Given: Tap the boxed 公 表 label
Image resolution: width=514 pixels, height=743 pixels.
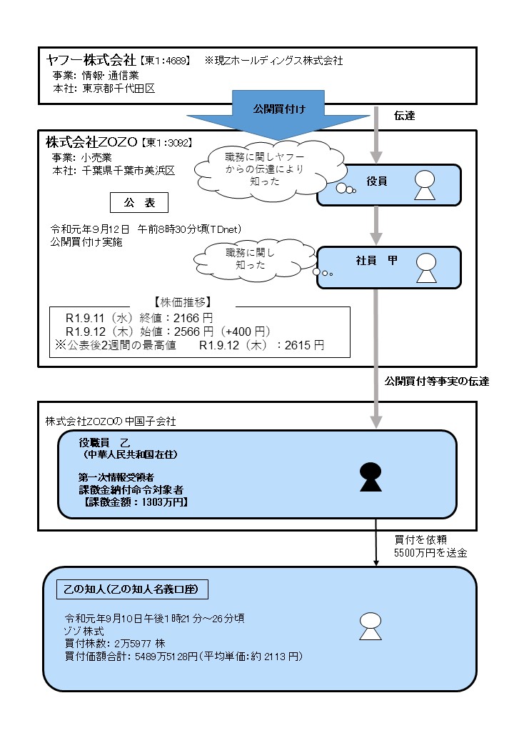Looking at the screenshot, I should (139, 203).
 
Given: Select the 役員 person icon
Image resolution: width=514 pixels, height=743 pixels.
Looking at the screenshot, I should (425, 186).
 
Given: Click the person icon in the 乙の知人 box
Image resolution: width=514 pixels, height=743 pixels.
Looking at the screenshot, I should (368, 627).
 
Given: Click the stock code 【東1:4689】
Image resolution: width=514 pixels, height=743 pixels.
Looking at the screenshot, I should (166, 61).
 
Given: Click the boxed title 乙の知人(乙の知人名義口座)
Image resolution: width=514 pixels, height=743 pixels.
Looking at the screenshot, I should (132, 589).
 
